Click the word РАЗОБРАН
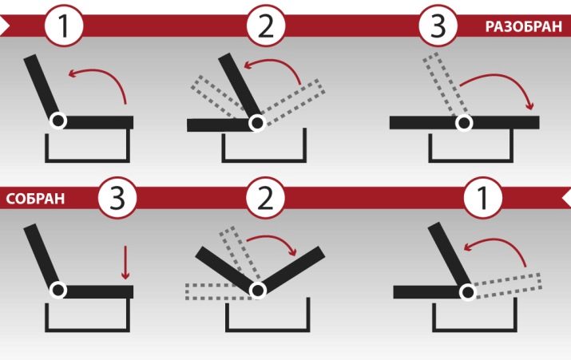coord(523,26)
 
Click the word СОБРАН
coord(35,199)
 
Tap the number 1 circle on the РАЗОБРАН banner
coord(64,26)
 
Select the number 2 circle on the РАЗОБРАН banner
coord(266,26)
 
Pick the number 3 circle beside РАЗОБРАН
coord(438,26)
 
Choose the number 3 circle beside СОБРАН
coord(117,198)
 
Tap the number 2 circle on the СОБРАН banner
coord(265,198)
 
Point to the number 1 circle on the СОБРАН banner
coord(483,198)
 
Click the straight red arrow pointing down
coord(125,263)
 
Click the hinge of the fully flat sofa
coord(464,123)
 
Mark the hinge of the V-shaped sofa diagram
coord(258,290)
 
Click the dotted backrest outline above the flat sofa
coord(445,85)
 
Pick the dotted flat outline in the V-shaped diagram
coord(219,291)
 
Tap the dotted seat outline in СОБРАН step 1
coord(508,286)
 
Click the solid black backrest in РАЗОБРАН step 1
coord(42,87)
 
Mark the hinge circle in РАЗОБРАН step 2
coord(257,123)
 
